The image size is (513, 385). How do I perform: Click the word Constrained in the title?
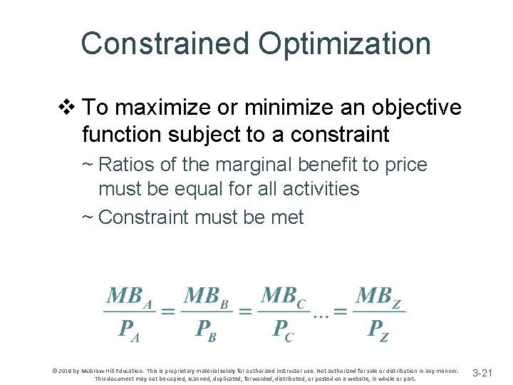pyautogui.click(x=164, y=43)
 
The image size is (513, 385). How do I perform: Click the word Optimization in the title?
pyautogui.click(x=345, y=43)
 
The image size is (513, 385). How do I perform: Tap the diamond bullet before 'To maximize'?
pyautogui.click(x=67, y=108)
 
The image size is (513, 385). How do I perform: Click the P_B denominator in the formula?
pyautogui.click(x=207, y=330)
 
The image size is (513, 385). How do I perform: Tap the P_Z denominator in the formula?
pyautogui.click(x=378, y=330)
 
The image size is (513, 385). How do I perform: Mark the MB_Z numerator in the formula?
pyautogui.click(x=379, y=296)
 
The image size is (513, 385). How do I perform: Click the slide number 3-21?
pyautogui.click(x=482, y=372)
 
